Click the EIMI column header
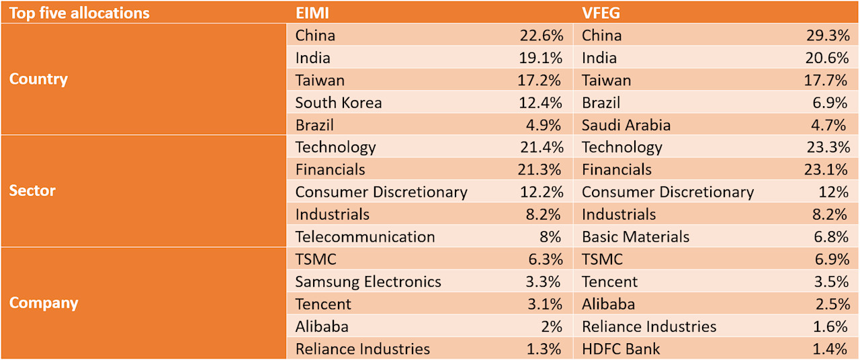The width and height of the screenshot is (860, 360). coord(313,13)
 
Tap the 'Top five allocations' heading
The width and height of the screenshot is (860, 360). coord(79,13)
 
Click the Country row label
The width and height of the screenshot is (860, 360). coord(38,79)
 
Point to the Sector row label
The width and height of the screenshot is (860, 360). coord(32,191)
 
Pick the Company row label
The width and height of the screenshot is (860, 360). coord(44,303)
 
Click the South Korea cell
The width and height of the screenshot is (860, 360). coord(339,103)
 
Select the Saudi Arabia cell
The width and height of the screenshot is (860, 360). coord(626,125)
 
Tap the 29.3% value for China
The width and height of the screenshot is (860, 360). coord(828,36)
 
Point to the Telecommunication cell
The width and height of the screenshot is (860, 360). coord(365,237)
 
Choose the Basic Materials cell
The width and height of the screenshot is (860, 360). coord(636,237)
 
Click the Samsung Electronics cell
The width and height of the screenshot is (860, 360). coord(368,282)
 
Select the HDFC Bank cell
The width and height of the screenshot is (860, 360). coord(621,349)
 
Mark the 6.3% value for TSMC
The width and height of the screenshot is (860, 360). coord(545,259)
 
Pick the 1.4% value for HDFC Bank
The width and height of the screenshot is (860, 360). coord(832,349)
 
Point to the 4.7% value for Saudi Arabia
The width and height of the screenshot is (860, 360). coord(832,125)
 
